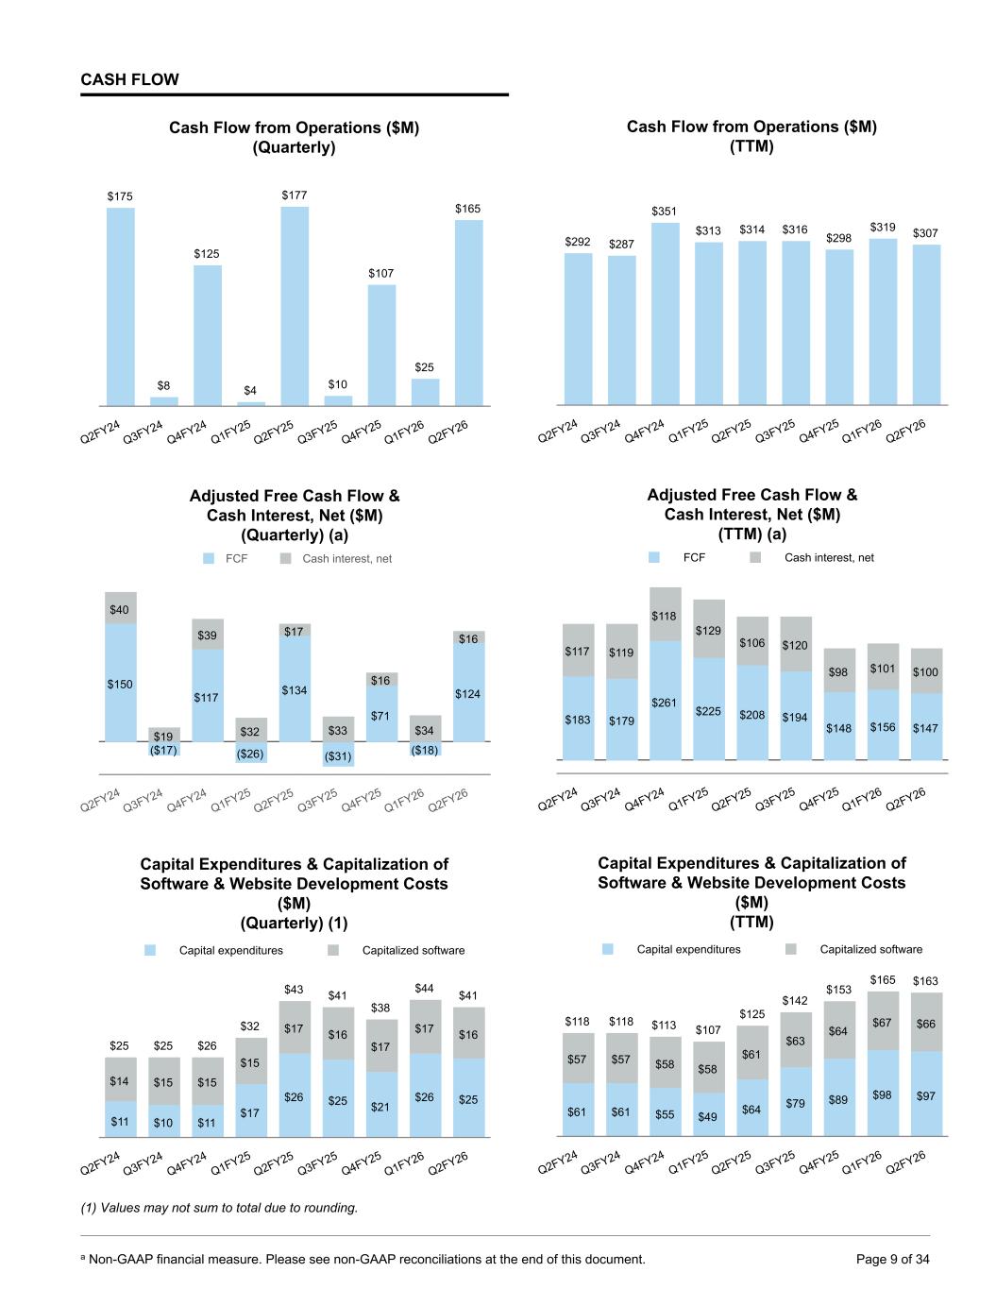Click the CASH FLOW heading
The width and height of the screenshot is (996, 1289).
click(129, 80)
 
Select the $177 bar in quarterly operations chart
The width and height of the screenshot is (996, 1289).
click(295, 307)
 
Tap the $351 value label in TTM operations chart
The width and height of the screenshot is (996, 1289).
click(665, 212)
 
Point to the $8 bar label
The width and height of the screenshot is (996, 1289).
click(163, 385)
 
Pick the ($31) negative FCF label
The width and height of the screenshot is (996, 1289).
click(337, 756)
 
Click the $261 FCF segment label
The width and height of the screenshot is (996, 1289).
click(665, 703)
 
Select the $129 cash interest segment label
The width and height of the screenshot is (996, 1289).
click(708, 630)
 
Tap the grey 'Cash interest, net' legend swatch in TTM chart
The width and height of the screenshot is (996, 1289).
click(755, 558)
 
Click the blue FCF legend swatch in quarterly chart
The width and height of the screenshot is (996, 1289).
click(210, 559)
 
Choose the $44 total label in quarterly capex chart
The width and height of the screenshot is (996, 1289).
click(425, 988)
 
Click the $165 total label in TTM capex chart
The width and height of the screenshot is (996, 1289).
click(883, 980)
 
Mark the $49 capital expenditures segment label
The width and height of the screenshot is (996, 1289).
click(707, 1116)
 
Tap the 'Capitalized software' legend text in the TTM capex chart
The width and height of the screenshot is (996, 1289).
click(870, 949)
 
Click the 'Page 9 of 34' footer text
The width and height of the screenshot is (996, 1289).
click(892, 1259)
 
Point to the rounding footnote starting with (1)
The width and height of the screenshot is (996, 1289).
click(219, 1208)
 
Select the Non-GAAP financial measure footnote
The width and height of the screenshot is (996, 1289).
click(363, 1259)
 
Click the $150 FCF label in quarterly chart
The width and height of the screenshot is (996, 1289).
click(120, 684)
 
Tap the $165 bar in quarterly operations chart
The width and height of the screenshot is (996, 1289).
click(468, 313)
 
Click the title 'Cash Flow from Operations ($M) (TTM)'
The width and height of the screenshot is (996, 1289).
click(751, 136)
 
